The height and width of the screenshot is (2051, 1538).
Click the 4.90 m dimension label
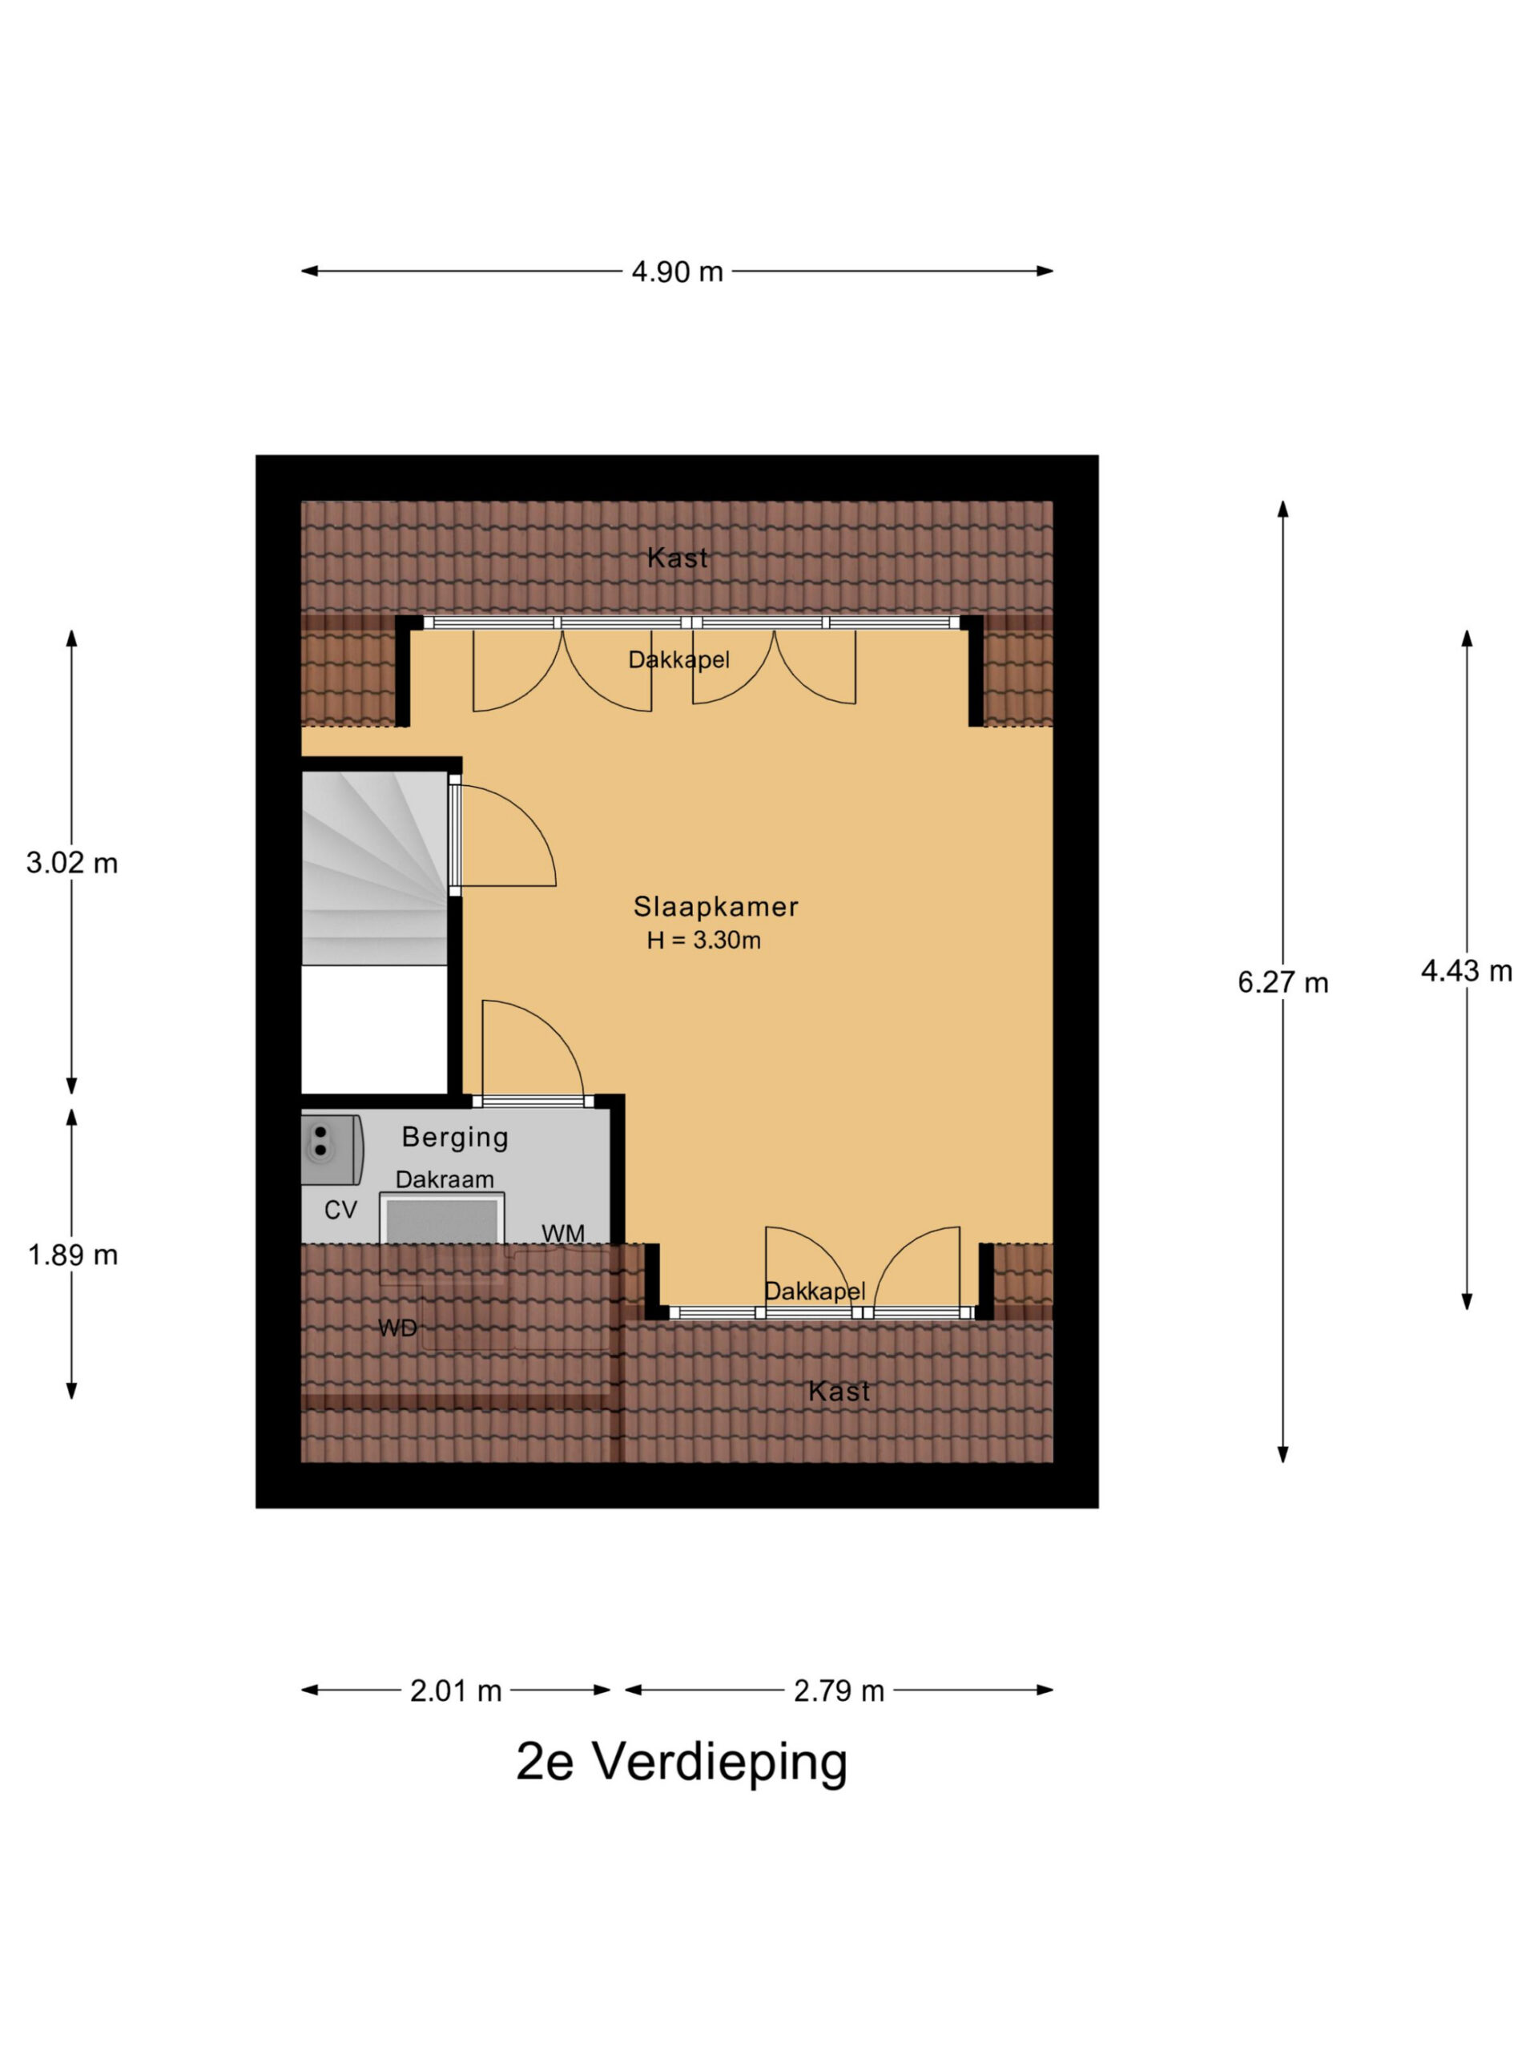pyautogui.click(x=677, y=272)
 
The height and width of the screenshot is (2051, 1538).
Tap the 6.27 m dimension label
pyautogui.click(x=1283, y=982)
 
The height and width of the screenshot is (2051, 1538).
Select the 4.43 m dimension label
pyautogui.click(x=1467, y=971)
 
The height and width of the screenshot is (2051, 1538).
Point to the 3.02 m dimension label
pyautogui.click(x=72, y=863)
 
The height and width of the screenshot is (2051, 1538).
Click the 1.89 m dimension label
pyautogui.click(x=72, y=1255)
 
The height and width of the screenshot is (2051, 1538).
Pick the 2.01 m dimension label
pyautogui.click(x=456, y=1691)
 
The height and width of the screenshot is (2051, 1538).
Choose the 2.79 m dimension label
pyautogui.click(x=839, y=1691)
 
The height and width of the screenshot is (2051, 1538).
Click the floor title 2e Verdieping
pyautogui.click(x=682, y=1762)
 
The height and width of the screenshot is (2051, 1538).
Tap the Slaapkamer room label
pyautogui.click(x=715, y=906)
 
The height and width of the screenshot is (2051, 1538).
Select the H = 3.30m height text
pyautogui.click(x=703, y=941)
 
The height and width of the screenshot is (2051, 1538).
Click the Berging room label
pyautogui.click(x=455, y=1137)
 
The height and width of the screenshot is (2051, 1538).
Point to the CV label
pyautogui.click(x=340, y=1210)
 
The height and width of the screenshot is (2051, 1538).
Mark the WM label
pyautogui.click(x=562, y=1233)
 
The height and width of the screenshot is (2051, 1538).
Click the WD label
pyautogui.click(x=397, y=1328)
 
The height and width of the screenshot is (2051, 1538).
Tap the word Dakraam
pyautogui.click(x=445, y=1179)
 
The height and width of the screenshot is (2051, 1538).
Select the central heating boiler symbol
pyautogui.click(x=332, y=1149)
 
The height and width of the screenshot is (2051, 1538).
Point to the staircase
pyautogui.click(x=375, y=868)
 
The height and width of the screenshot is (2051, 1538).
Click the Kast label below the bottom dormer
pyautogui.click(x=839, y=1391)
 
